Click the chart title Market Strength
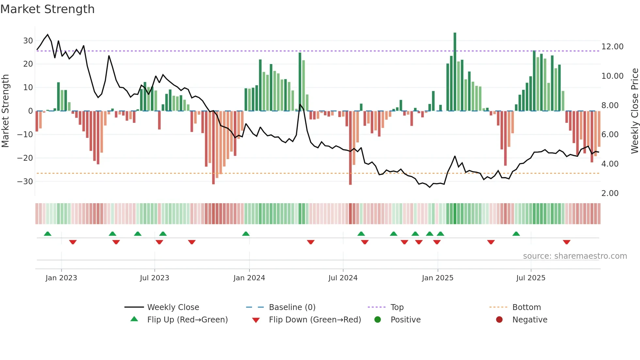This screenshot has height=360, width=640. [x=47, y=9]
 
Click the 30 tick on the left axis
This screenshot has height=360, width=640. [x=28, y=41]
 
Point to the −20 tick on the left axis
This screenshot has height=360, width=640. [x=25, y=158]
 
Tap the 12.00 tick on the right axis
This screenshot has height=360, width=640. [x=612, y=47]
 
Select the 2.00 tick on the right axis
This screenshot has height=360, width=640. [x=610, y=193]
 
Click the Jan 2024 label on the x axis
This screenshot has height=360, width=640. [x=249, y=278]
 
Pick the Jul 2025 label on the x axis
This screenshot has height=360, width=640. [x=531, y=278]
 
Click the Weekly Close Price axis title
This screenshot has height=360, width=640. [x=634, y=111]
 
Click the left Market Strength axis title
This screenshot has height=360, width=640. [x=5, y=111]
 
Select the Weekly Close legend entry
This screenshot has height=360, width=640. [x=173, y=307]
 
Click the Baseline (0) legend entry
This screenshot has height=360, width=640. [x=292, y=307]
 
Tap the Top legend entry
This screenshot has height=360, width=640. [x=397, y=307]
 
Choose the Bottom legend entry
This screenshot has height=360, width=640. [x=526, y=307]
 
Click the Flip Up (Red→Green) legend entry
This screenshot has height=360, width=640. [x=187, y=320]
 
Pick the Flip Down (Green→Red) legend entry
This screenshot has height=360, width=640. [x=315, y=320]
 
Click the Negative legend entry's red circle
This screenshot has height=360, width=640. [x=499, y=320]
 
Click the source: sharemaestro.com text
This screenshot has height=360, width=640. [x=575, y=256]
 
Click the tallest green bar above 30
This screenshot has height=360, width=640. [x=455, y=72]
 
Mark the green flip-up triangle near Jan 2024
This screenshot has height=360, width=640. [x=246, y=234]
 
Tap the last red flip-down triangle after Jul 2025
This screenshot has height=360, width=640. [x=567, y=242]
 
